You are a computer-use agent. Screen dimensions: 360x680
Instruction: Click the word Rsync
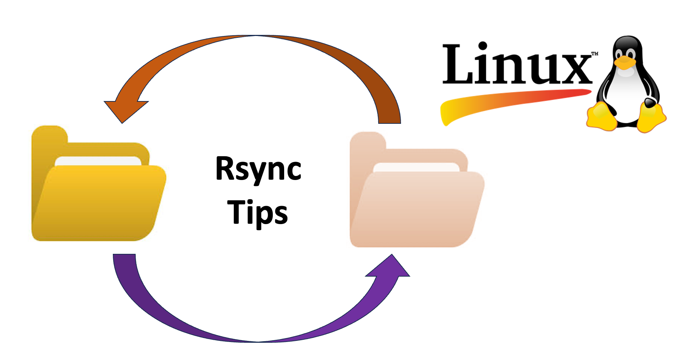point(258,169)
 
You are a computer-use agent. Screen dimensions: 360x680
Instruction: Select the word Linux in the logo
point(516,64)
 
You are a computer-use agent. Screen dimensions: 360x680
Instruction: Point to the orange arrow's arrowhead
point(125,108)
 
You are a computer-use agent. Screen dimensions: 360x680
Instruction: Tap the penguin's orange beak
point(625,62)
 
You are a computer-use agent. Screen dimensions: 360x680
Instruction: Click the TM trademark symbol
point(594,54)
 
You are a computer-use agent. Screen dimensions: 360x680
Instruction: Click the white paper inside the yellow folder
point(97,161)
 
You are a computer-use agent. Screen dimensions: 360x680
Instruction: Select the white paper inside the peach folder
point(415,167)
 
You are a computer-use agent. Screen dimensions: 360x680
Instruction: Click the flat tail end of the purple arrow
point(124,257)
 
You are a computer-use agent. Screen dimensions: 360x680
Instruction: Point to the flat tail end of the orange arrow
point(390,119)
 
